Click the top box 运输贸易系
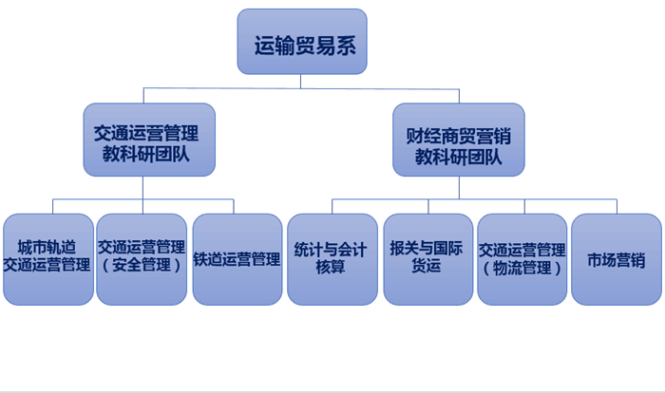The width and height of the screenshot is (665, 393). (301, 42)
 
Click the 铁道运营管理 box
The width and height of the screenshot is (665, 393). (237, 258)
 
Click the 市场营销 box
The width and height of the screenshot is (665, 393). (616, 258)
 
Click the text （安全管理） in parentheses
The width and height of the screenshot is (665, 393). (142, 267)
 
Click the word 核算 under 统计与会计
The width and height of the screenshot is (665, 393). (331, 269)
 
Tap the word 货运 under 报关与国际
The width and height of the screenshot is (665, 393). (427, 269)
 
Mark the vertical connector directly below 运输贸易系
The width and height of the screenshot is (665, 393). (301, 81)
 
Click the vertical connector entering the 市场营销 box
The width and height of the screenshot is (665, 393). (616, 206)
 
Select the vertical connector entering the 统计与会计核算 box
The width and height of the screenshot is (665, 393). (332, 206)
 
